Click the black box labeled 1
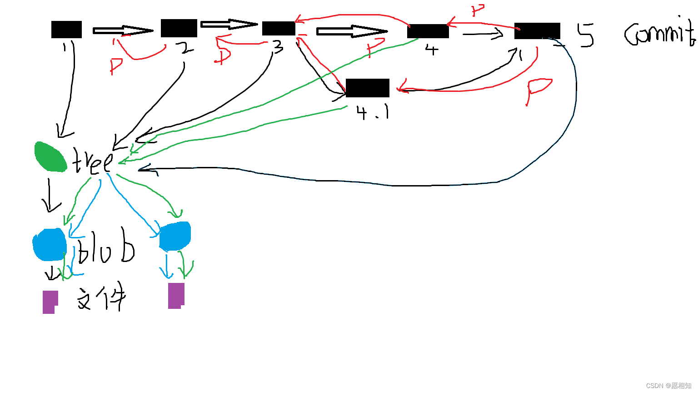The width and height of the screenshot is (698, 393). pos(66,30)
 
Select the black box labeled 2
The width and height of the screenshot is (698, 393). pos(179,28)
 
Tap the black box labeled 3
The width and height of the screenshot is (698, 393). pos(279,28)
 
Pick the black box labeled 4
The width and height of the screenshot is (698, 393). pos(428,31)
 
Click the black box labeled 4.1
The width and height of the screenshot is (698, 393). pos(367,88)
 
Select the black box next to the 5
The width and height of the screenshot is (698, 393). pos(537,31)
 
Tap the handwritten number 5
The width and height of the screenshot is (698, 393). pos(586,35)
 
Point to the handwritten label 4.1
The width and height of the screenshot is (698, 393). pos(373,112)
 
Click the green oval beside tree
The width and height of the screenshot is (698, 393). pos(50,157)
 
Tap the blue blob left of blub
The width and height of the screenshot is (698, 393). pos(50,245)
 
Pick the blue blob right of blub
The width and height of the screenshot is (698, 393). pos(175,236)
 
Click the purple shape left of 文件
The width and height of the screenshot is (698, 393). pos(50,302)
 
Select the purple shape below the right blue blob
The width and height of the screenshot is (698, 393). pos(176,296)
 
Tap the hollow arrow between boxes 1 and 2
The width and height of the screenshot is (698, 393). pos(123,30)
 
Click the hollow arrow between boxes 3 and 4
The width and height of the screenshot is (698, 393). pos(352,31)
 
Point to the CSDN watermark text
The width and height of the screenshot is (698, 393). pos(668,386)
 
